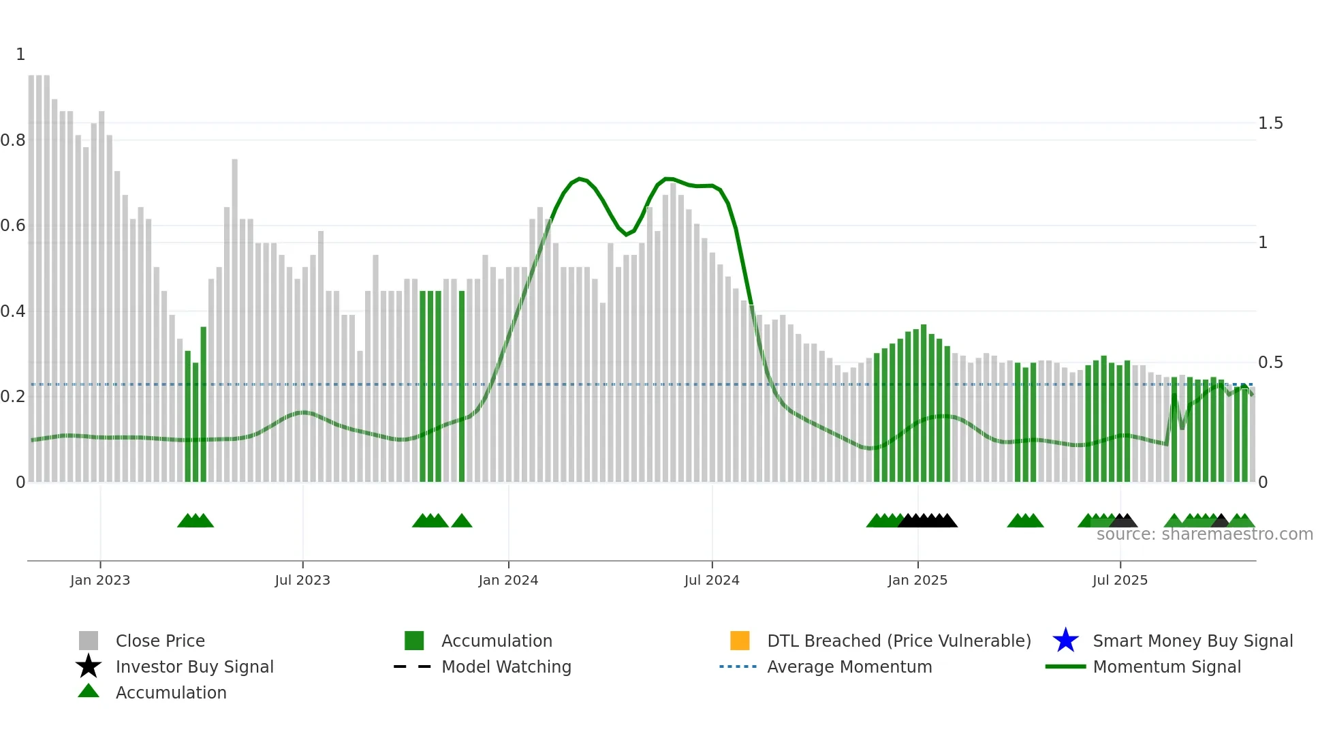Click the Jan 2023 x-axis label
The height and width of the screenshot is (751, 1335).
pos(100,580)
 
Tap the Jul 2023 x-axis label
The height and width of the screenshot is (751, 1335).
pos(302,580)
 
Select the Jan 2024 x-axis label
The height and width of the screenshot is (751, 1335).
pos(508,580)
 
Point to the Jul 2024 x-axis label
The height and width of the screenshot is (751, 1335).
pos(712,580)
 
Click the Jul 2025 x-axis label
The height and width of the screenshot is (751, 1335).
pos(1120,580)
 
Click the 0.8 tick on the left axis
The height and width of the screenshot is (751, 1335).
pos(13,140)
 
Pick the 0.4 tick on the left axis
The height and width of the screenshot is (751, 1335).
pos(13,311)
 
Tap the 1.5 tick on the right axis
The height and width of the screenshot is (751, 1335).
pos(1270,123)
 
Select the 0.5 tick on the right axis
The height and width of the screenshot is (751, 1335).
pos(1270,363)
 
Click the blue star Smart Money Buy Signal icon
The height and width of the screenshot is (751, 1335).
pos(1065,641)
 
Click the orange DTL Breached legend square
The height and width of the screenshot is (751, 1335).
pos(740,641)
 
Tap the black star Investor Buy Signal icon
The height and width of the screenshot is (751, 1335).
pos(89,666)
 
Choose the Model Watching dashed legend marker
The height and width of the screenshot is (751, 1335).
pos(413,666)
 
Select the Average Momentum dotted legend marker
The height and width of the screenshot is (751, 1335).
pos(738,666)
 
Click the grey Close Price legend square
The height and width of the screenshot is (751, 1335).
pos(89,641)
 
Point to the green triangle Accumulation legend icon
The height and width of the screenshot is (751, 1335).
pos(89,691)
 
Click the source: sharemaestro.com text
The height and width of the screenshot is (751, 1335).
pos(1204,534)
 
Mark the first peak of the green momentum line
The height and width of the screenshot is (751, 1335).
pos(580,179)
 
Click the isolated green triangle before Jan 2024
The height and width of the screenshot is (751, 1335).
pos(462,521)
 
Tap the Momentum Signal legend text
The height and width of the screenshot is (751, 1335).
pos(1167,666)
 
